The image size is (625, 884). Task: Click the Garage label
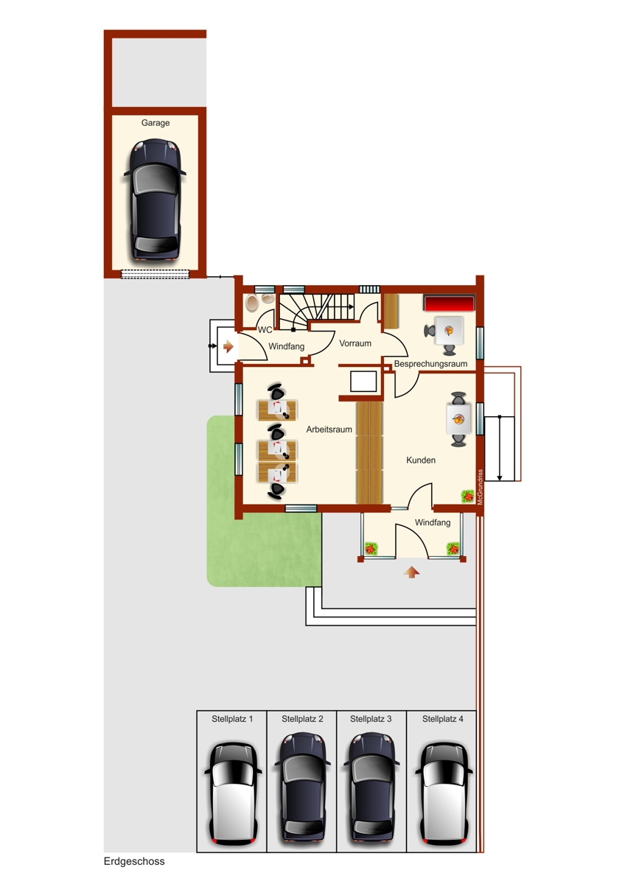[156, 123]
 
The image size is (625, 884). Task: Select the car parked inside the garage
[156, 200]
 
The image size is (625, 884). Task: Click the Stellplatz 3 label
[371, 719]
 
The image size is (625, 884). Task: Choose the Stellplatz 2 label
[302, 719]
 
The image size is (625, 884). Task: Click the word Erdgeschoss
[134, 861]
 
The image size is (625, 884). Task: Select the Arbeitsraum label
[329, 429]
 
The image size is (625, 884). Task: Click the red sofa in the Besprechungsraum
[448, 304]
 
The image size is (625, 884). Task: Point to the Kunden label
[421, 460]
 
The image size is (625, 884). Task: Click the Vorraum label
[355, 343]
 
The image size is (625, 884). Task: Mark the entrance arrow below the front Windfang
[411, 571]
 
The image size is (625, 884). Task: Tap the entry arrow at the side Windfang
[228, 346]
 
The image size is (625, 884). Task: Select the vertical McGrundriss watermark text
[480, 487]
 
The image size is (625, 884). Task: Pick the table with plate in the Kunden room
[458, 421]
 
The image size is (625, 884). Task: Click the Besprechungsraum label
[431, 364]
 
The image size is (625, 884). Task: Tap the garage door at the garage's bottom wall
[155, 274]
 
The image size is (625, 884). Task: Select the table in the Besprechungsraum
[449, 330]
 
